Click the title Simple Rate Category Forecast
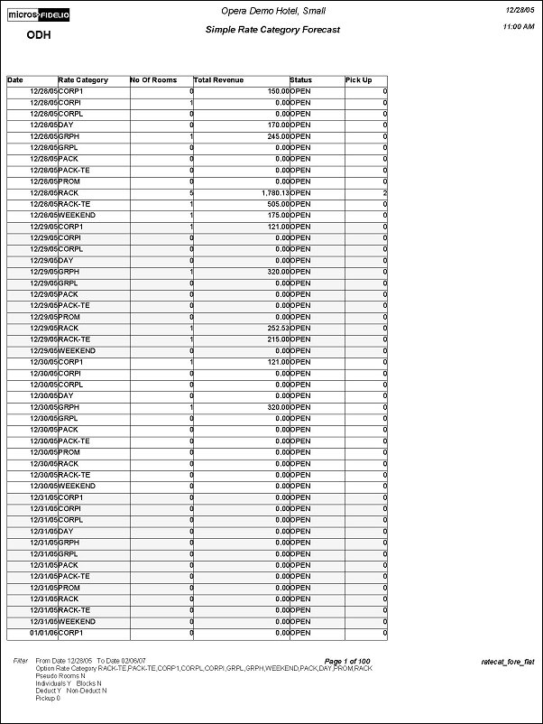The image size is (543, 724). (x=272, y=30)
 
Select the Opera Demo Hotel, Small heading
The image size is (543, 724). (x=271, y=10)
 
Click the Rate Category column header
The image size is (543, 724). (x=83, y=80)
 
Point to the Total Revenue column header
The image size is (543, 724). (x=218, y=80)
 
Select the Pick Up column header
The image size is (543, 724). (x=358, y=80)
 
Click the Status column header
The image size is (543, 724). (x=301, y=80)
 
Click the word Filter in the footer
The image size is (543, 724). (x=20, y=661)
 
